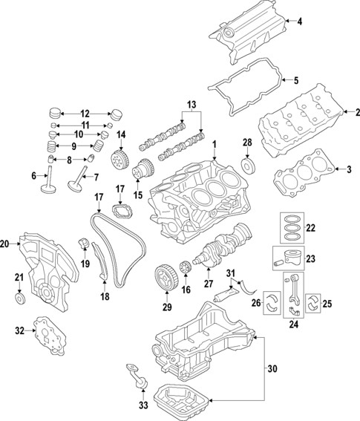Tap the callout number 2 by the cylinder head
357,111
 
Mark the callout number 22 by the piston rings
311,228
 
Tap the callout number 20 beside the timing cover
5,244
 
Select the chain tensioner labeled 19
84,243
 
